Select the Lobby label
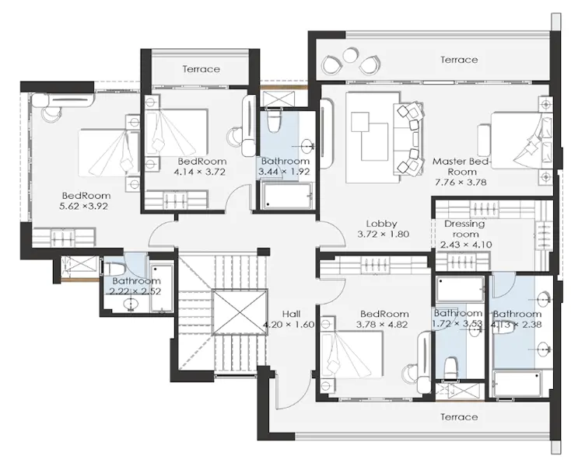(x=382, y=224)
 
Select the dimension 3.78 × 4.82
(x=382, y=325)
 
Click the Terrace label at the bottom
(x=458, y=417)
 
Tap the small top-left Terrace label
(x=201, y=69)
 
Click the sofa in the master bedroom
(x=408, y=138)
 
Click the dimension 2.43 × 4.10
(x=464, y=245)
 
